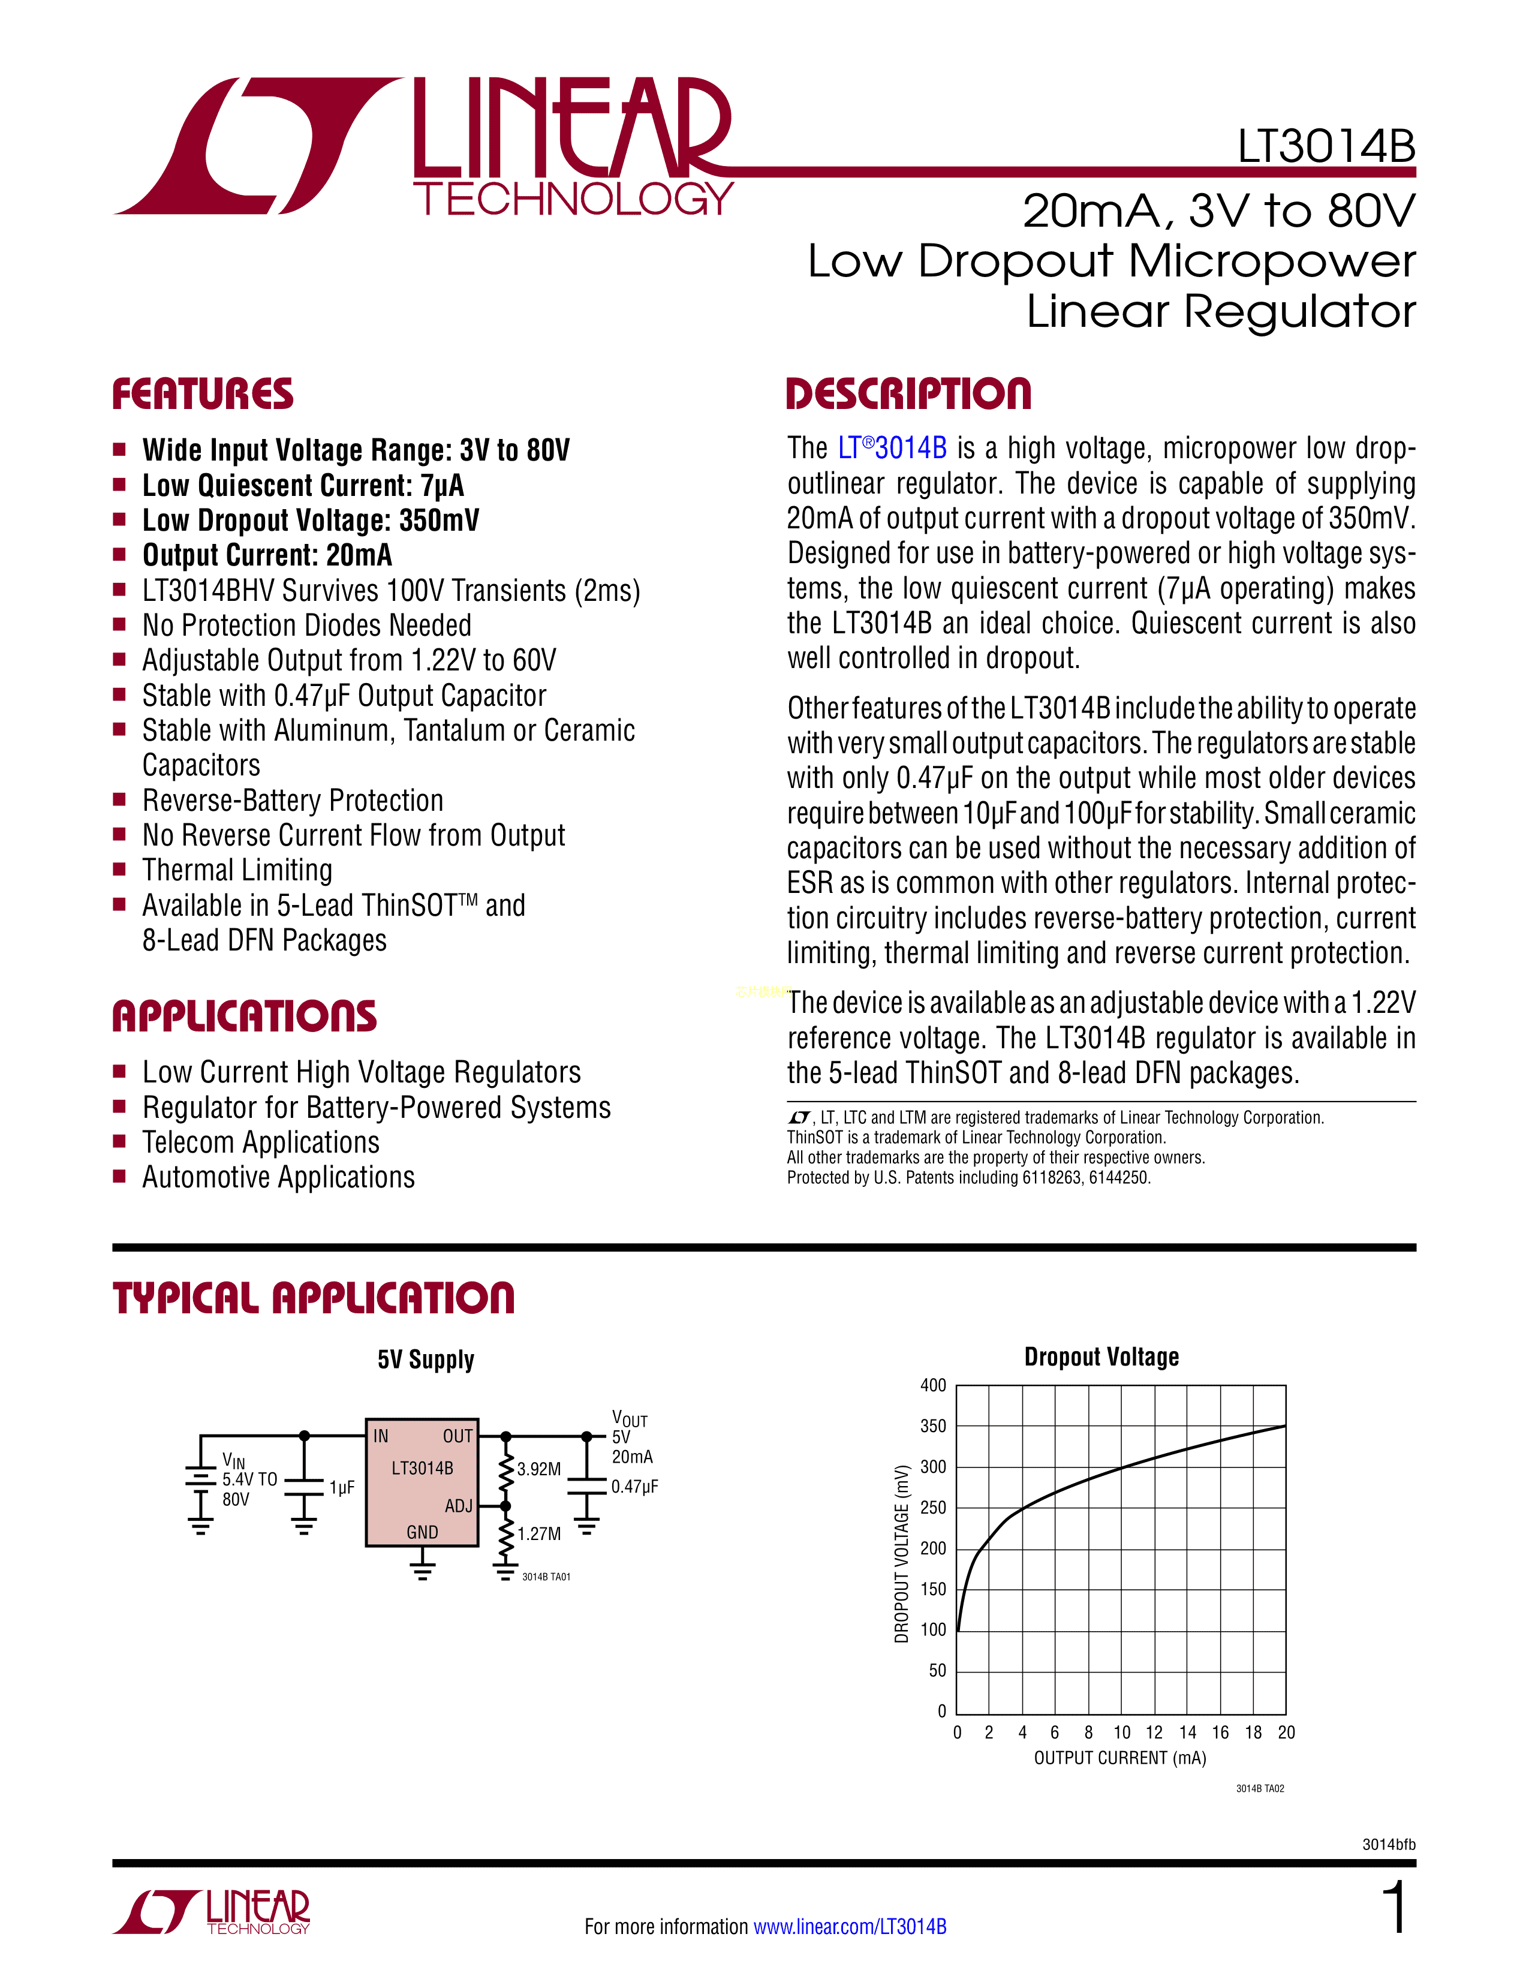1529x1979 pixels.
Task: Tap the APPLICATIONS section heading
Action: (x=245, y=1016)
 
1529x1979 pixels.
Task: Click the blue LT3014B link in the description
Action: (x=892, y=447)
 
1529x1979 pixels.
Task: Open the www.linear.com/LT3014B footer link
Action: (x=850, y=1926)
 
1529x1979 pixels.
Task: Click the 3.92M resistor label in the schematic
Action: (x=539, y=1469)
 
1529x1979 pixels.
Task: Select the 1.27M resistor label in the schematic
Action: (x=539, y=1534)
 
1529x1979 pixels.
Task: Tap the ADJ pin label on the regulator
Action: (x=458, y=1506)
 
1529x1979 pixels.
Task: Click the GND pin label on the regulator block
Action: (x=422, y=1532)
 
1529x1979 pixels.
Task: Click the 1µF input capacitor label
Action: (x=342, y=1488)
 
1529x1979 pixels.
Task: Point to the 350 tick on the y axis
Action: (x=933, y=1426)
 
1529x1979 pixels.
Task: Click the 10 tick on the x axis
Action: (x=1121, y=1733)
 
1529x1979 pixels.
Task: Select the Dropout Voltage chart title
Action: (x=1101, y=1357)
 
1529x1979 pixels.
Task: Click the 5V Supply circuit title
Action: (x=426, y=1359)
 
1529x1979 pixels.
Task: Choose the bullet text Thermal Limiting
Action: (x=237, y=870)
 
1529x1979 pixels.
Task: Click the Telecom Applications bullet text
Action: (x=261, y=1142)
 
